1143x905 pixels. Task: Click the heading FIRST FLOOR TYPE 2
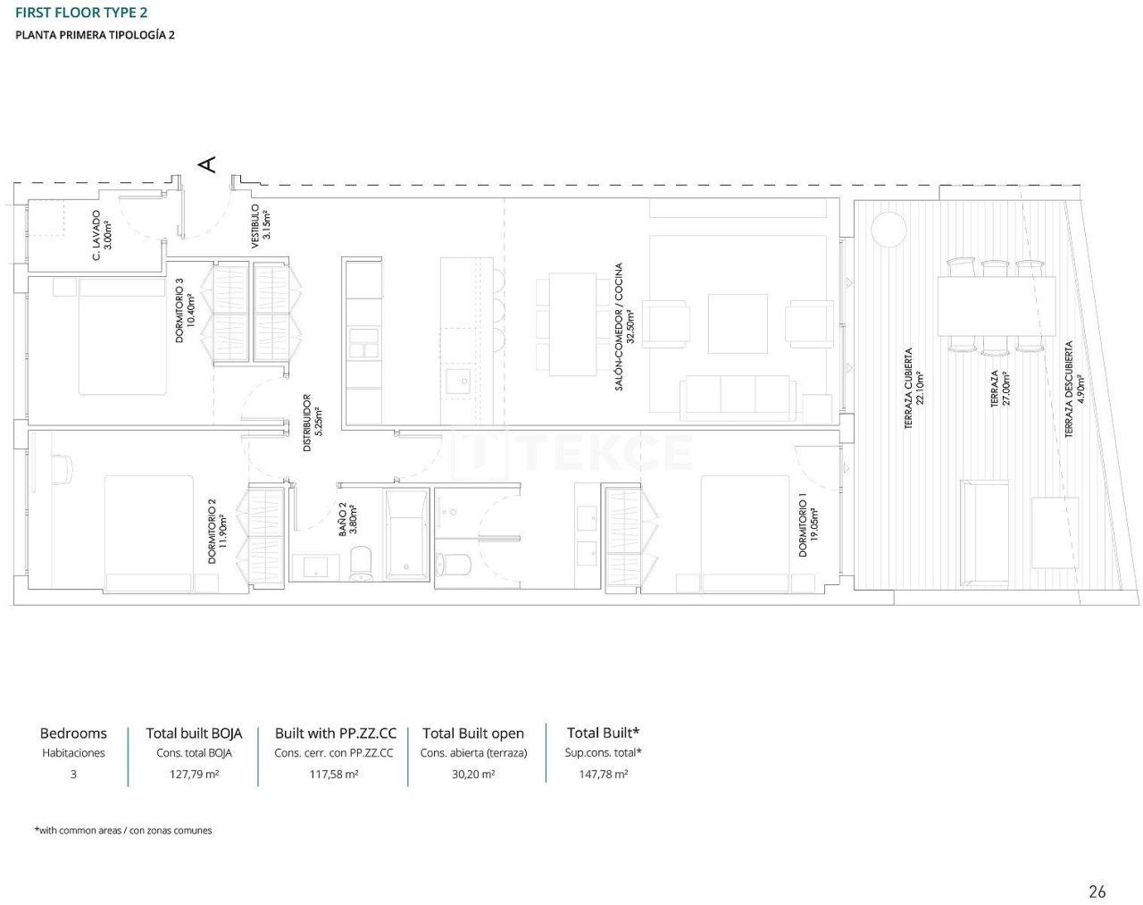pyautogui.click(x=81, y=13)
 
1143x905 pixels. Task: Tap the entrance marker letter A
pyautogui.click(x=206, y=164)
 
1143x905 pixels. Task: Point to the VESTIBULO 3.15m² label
pyautogui.click(x=260, y=226)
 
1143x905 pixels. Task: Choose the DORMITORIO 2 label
pyautogui.click(x=217, y=531)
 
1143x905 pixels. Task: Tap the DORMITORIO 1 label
pyautogui.click(x=807, y=525)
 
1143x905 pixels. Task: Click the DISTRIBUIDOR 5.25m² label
pyautogui.click(x=312, y=423)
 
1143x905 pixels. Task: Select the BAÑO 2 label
pyautogui.click(x=347, y=518)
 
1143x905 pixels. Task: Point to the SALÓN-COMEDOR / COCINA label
pyautogui.click(x=623, y=326)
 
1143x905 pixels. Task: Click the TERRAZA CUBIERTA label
pyautogui.click(x=914, y=389)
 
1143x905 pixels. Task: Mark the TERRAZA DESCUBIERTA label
pyautogui.click(x=1073, y=389)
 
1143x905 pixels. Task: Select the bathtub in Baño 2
pyautogui.click(x=407, y=534)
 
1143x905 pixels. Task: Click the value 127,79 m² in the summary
pyautogui.click(x=194, y=775)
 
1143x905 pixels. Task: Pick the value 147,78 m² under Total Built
pyautogui.click(x=603, y=775)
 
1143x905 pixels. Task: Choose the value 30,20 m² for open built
pyautogui.click(x=473, y=775)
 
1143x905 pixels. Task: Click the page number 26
pyautogui.click(x=1097, y=891)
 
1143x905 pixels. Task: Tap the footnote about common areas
pyautogui.click(x=123, y=830)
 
